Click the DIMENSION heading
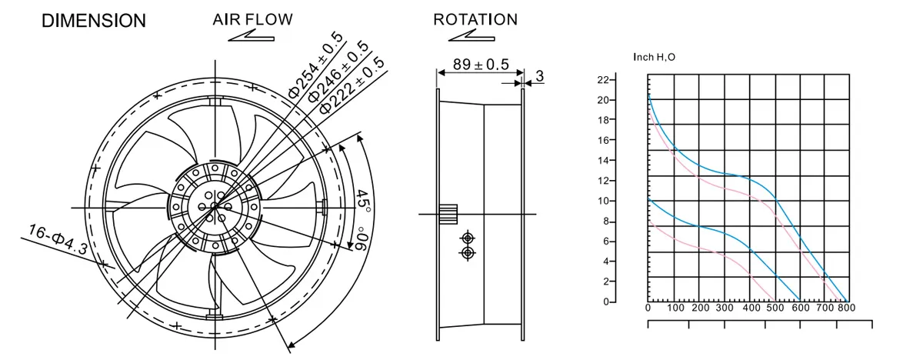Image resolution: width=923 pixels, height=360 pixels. tap(94, 21)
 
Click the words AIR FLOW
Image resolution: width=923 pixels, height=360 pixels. tap(252, 19)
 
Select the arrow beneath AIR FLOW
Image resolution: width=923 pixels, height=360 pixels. tap(252, 36)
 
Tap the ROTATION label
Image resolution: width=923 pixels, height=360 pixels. tap(475, 19)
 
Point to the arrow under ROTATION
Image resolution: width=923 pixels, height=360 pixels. tap(471, 36)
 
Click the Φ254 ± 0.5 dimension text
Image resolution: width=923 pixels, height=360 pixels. tap(315, 65)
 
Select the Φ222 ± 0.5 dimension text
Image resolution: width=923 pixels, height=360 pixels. tap(352, 85)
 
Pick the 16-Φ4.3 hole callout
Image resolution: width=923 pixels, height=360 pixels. tap(58, 240)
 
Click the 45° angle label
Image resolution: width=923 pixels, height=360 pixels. tap(363, 202)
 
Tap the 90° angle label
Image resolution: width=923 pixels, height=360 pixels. tap(361, 238)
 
